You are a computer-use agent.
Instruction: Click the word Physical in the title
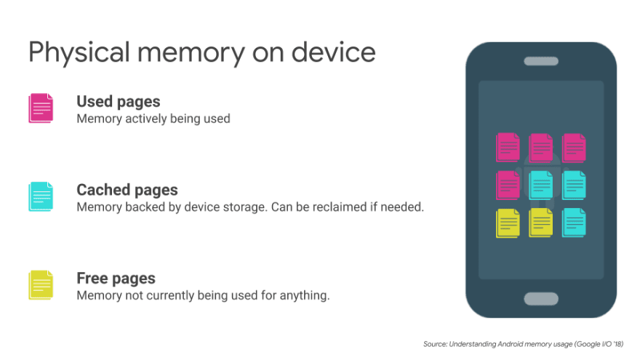tap(79, 53)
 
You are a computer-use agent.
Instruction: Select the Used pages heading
tap(119, 102)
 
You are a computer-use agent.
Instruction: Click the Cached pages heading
tap(127, 191)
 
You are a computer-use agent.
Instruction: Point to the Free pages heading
tap(116, 279)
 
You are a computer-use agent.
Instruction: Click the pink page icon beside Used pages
tap(41, 108)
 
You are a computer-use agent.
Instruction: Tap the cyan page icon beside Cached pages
tap(41, 197)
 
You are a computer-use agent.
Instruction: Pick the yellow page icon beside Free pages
tap(41, 285)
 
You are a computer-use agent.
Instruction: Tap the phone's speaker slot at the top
tap(541, 61)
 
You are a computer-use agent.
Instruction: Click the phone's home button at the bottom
tap(541, 299)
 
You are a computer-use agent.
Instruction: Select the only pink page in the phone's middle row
tap(508, 185)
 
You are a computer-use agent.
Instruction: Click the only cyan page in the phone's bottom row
tap(574, 223)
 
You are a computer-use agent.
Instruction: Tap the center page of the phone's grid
tap(541, 185)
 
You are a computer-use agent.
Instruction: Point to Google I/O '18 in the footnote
tap(599, 344)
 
